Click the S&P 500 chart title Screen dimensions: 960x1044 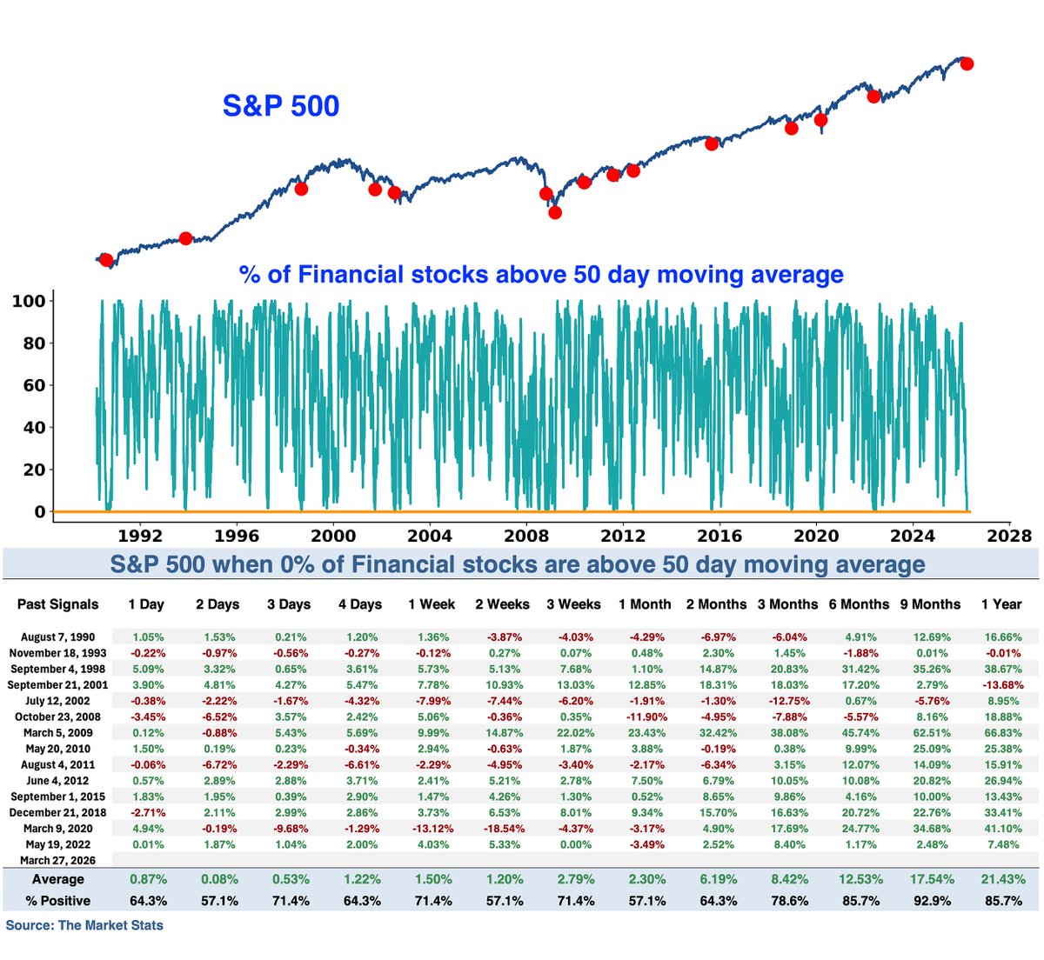tap(280, 106)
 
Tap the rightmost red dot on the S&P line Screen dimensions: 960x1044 tap(966, 63)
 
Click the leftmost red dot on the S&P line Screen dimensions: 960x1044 tap(106, 260)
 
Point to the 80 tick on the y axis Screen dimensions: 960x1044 tap(33, 343)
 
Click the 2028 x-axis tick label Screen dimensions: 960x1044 tap(1008, 535)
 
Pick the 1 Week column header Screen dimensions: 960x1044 tap(432, 604)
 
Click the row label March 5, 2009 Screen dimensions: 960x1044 tap(58, 733)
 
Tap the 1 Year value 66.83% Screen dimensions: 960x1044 tap(1000, 733)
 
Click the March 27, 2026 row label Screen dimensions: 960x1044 tap(57, 861)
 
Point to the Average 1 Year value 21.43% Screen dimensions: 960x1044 tap(1000, 879)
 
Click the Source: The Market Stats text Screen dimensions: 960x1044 tap(84, 925)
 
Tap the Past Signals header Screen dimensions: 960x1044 tap(58, 604)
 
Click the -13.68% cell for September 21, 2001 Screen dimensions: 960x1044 tap(1000, 685)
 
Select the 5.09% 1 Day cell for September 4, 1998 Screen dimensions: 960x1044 tap(146, 670)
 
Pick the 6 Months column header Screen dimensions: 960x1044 tap(860, 604)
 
